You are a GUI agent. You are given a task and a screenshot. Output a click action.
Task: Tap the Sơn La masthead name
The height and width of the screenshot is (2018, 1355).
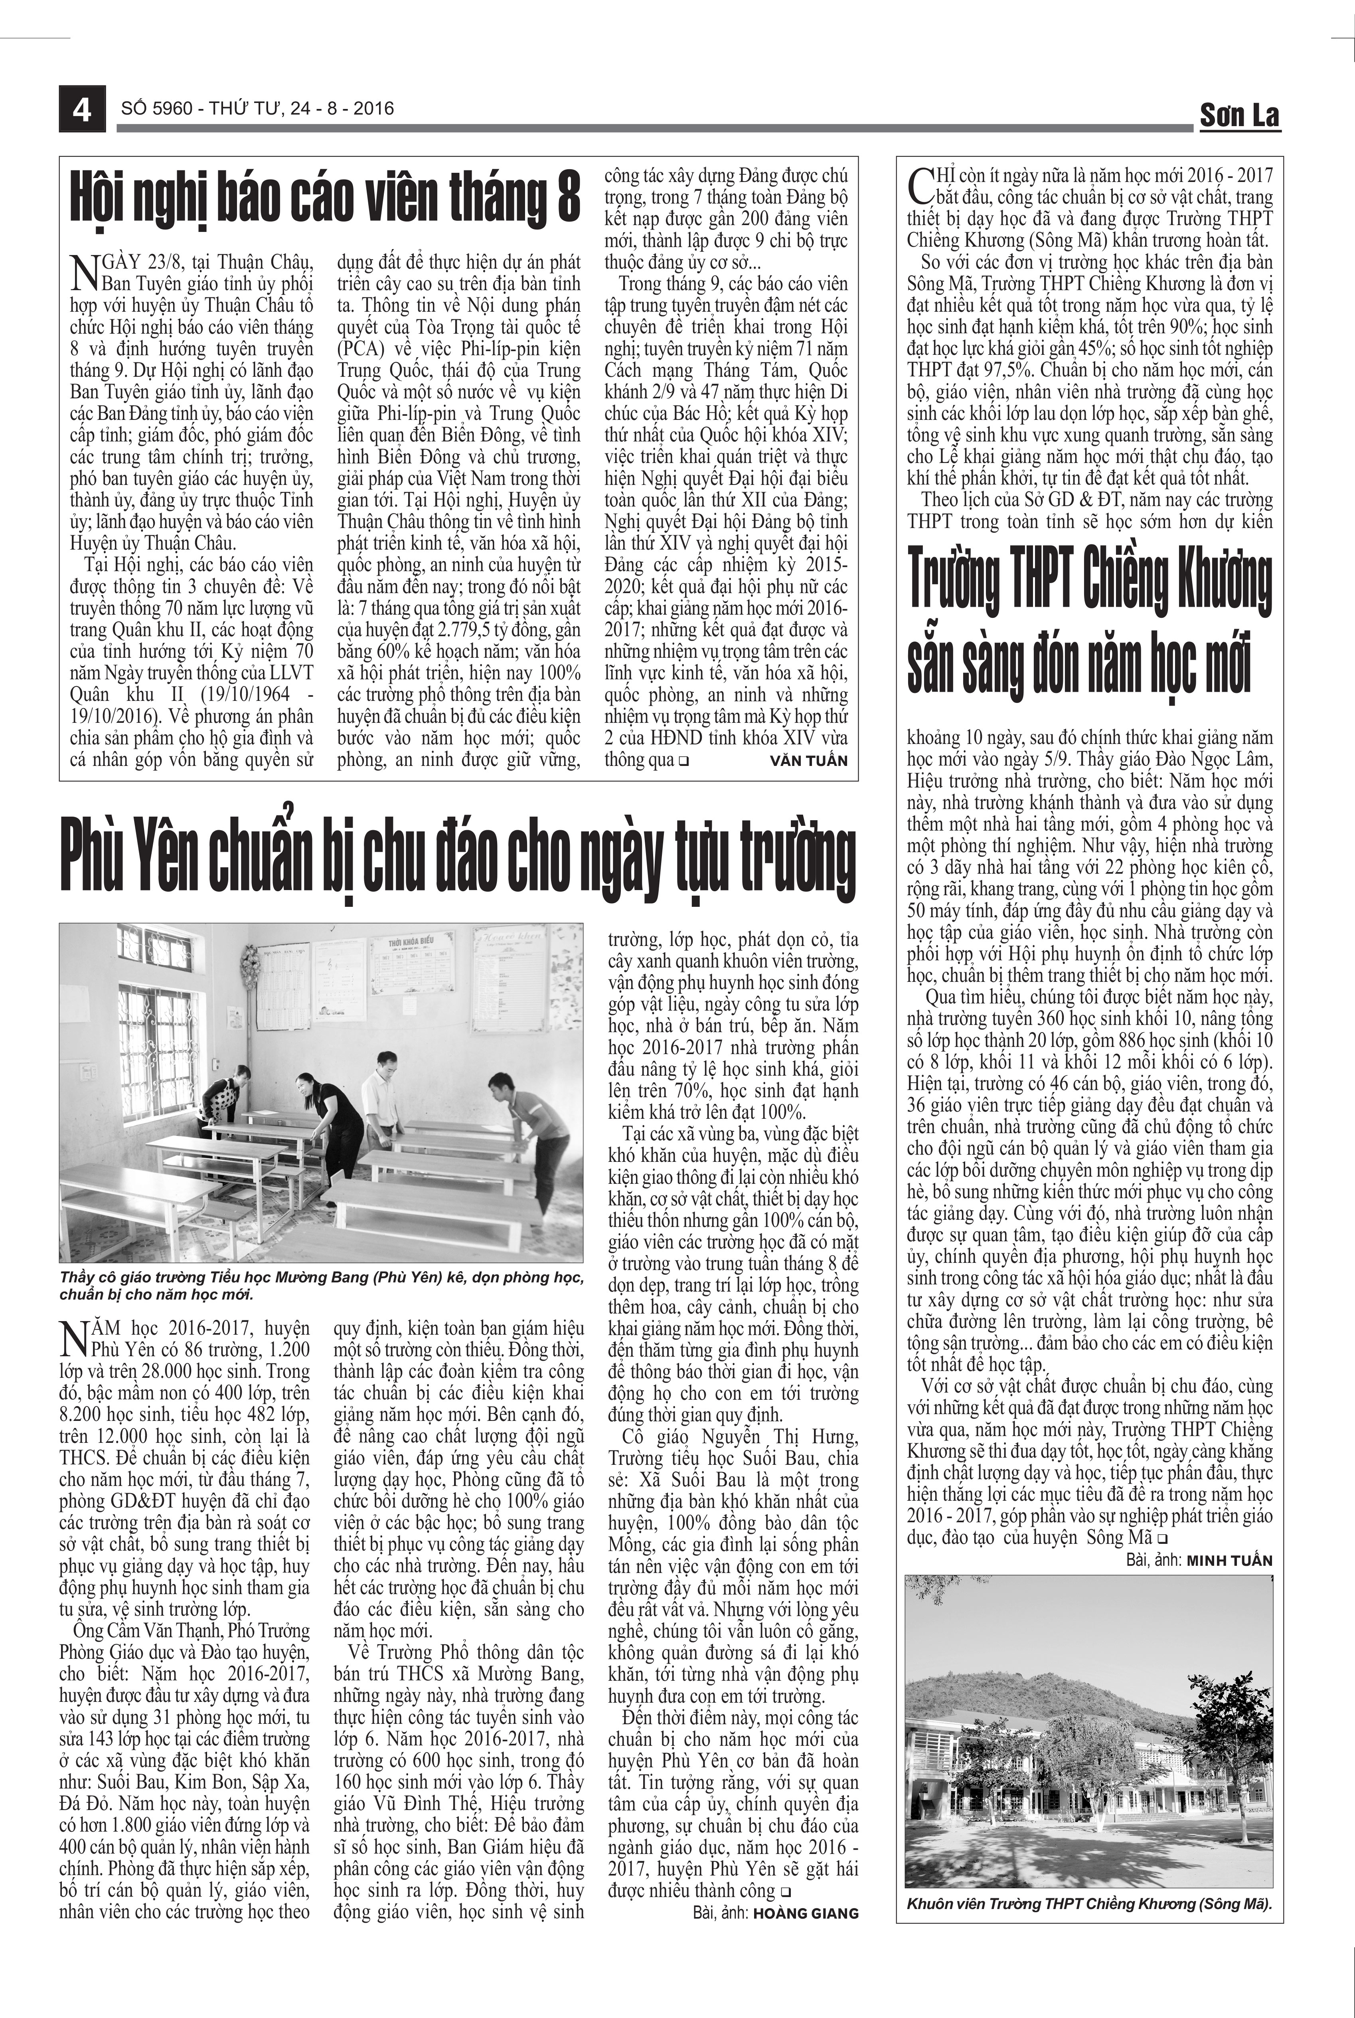(1239, 115)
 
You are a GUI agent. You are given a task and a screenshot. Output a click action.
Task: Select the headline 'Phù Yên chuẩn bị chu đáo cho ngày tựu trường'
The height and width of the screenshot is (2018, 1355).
(458, 855)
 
